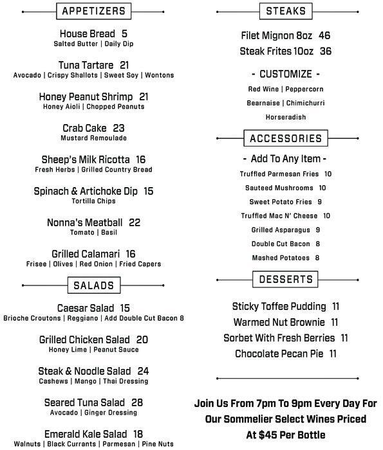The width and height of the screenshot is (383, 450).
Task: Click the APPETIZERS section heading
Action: pos(93,11)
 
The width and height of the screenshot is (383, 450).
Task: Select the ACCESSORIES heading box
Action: pos(285,138)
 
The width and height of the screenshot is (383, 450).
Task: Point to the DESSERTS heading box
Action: pos(286,280)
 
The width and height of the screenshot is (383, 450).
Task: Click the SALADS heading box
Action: pos(93,285)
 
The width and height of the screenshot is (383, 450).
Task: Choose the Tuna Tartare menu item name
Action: pos(86,66)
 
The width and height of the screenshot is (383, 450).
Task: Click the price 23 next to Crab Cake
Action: pos(118,129)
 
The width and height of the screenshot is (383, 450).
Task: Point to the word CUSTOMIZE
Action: pos(286,74)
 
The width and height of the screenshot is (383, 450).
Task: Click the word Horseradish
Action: pos(286,118)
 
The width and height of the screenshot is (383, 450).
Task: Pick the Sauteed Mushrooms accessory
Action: pos(279,188)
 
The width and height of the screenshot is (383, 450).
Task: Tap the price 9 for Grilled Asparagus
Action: pos(318,230)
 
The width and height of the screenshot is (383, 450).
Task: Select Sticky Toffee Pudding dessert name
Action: pos(278,307)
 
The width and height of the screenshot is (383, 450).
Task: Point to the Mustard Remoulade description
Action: pos(93,138)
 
